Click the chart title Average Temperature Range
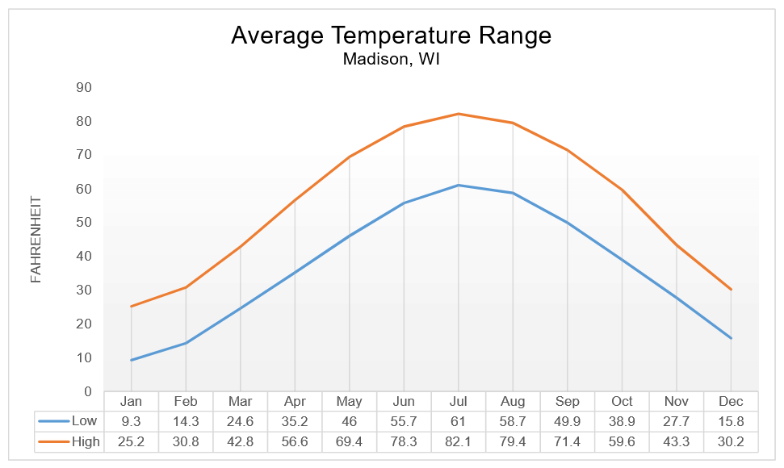pyautogui.click(x=391, y=36)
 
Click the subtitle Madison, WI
pyautogui.click(x=391, y=60)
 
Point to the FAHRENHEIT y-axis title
pyautogui.click(x=36, y=239)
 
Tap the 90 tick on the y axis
pyautogui.click(x=83, y=87)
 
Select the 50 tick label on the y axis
pyautogui.click(x=83, y=223)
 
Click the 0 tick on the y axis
pyautogui.click(x=87, y=391)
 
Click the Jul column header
pyautogui.click(x=459, y=402)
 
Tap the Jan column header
pyautogui.click(x=131, y=402)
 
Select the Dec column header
pyautogui.click(x=731, y=402)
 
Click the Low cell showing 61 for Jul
pyautogui.click(x=459, y=421)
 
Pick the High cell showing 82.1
pyautogui.click(x=459, y=441)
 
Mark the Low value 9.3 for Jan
pyautogui.click(x=131, y=421)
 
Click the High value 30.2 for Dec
pyautogui.click(x=731, y=441)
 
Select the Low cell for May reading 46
pyautogui.click(x=349, y=421)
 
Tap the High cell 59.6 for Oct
pyautogui.click(x=622, y=441)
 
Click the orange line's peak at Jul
pyautogui.click(x=459, y=114)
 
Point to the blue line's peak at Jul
pyautogui.click(x=459, y=185)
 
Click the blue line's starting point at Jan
pyautogui.click(x=131, y=360)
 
